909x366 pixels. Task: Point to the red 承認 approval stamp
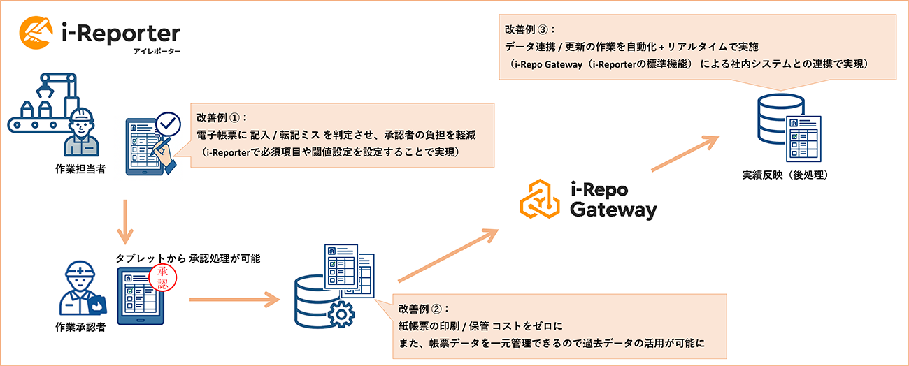pos(164,280)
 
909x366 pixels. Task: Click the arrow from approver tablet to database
pos(230,301)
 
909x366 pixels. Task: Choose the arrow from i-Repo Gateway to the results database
pos(685,154)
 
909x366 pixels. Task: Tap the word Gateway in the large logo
pos(613,209)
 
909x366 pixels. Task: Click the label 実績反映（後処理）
pos(787,175)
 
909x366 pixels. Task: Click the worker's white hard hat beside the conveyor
pos(84,112)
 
